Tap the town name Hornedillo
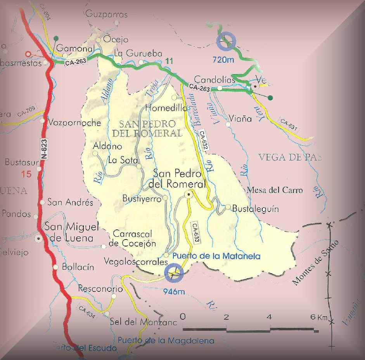(x=166, y=108)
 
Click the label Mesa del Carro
(x=275, y=190)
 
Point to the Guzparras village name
(x=106, y=15)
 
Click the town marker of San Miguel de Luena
(x=39, y=239)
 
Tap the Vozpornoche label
(x=74, y=123)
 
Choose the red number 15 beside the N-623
(x=26, y=174)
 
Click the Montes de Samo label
(x=315, y=263)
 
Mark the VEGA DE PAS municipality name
(x=290, y=157)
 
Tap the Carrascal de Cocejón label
(x=134, y=239)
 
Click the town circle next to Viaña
(x=229, y=124)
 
